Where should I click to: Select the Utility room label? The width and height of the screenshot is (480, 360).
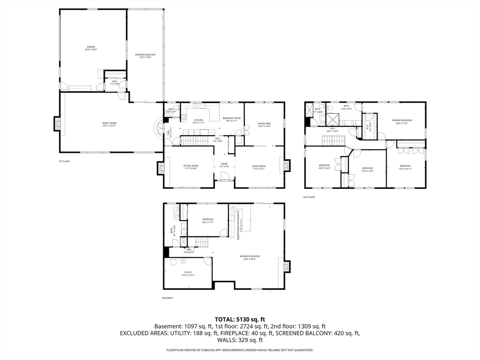tap(187, 274)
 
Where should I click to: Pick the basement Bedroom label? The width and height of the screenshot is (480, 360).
tap(208, 220)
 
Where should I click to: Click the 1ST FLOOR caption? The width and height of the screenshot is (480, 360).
tap(64, 161)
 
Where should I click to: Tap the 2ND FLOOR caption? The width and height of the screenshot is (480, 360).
tap(309, 197)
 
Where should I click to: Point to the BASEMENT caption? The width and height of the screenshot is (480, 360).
tap(167, 298)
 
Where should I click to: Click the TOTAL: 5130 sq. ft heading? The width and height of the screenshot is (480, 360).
tap(240, 319)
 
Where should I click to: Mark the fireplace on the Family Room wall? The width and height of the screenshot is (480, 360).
tap(58, 124)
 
